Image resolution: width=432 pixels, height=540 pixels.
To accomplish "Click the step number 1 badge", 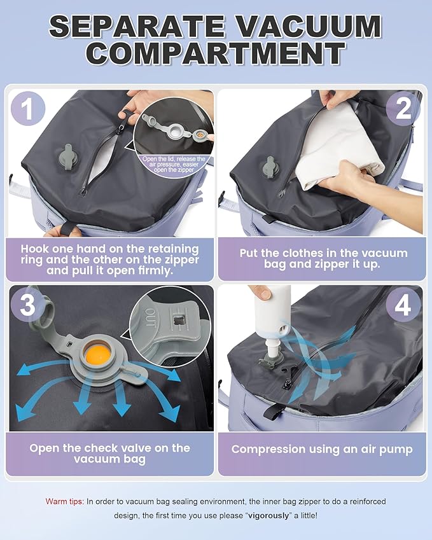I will [x=27, y=109].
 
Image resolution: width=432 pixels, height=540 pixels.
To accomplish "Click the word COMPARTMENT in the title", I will [x=216, y=53].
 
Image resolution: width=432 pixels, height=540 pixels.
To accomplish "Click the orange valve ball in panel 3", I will [x=98, y=354].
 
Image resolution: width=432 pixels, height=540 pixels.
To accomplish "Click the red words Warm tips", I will [x=64, y=502].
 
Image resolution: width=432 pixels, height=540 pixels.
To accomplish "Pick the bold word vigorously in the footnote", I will [x=275, y=515].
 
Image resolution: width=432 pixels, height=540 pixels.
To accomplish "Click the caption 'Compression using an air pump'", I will [x=322, y=449].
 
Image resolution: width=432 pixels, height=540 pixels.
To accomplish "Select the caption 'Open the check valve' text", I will [x=109, y=453].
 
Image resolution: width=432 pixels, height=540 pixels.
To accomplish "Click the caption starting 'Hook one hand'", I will [x=109, y=260].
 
